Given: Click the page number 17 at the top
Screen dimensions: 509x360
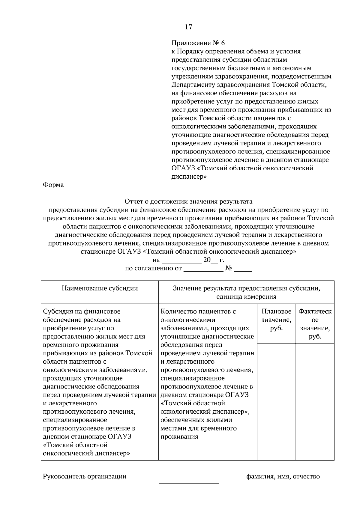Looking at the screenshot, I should (x=188, y=27).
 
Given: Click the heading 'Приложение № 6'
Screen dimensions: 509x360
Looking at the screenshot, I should (x=198, y=43).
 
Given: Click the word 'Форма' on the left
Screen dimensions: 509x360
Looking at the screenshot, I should (x=53, y=185).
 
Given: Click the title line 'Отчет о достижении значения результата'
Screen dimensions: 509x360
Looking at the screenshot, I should (x=188, y=201).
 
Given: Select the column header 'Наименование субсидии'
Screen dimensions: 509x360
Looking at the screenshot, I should (x=100, y=288).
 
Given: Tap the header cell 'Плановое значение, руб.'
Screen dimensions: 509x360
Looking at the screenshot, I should (x=276, y=320).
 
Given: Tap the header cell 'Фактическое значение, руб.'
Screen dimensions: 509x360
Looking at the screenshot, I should (x=315, y=324).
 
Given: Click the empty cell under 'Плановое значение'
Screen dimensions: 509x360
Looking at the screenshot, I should (x=276, y=402).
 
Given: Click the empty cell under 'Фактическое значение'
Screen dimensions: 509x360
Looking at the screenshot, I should (x=315, y=402).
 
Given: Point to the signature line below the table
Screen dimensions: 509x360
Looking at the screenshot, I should (x=189, y=483).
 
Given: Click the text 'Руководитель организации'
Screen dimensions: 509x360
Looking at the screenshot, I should (x=85, y=476).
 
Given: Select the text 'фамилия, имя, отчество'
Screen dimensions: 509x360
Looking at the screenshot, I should (x=283, y=476).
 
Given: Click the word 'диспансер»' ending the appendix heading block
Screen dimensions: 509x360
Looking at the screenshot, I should (x=189, y=177).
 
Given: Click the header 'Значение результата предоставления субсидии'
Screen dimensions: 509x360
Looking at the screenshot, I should (x=246, y=288).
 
